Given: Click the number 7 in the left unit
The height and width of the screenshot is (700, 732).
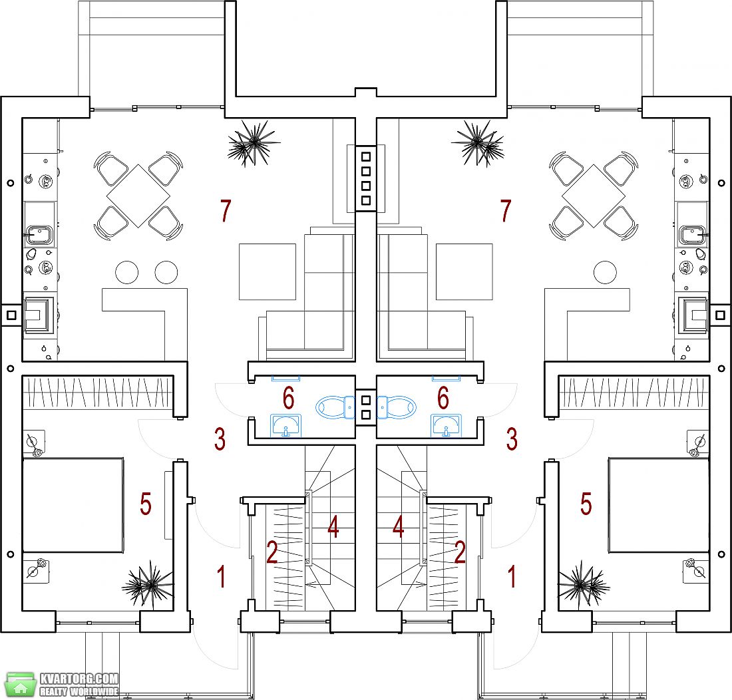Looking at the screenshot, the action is pyautogui.click(x=226, y=210).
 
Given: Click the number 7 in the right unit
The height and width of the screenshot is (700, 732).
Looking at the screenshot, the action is pyautogui.click(x=506, y=210).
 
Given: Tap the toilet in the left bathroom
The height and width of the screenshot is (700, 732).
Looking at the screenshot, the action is pyautogui.click(x=335, y=407).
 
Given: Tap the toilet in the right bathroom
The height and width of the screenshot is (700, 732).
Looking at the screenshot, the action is pyautogui.click(x=397, y=407).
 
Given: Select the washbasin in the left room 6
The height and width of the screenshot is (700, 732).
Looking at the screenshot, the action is pyautogui.click(x=286, y=425).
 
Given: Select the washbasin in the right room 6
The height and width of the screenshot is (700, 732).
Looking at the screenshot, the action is pyautogui.click(x=446, y=425).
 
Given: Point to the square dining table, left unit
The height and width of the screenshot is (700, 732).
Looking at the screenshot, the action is pyautogui.click(x=138, y=196).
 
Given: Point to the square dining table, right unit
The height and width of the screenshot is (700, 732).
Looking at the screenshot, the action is pyautogui.click(x=594, y=196).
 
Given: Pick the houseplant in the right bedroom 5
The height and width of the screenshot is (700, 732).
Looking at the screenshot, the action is pyautogui.click(x=584, y=584).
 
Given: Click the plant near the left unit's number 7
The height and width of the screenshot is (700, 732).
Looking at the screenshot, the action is pyautogui.click(x=253, y=143).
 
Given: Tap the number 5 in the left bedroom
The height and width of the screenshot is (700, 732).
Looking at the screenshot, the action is pyautogui.click(x=146, y=504).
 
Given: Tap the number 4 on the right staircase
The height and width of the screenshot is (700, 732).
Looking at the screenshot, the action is pyautogui.click(x=398, y=527).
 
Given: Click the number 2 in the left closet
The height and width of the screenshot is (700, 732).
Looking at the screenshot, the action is pyautogui.click(x=272, y=552).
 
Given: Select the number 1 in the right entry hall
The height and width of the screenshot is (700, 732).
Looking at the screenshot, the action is pyautogui.click(x=512, y=576).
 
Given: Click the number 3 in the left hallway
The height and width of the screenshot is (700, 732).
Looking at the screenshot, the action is pyautogui.click(x=220, y=439).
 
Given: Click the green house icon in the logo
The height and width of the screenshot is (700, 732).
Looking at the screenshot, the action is pyautogui.click(x=21, y=685).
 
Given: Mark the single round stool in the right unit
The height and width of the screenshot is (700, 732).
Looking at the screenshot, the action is pyautogui.click(x=605, y=272).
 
